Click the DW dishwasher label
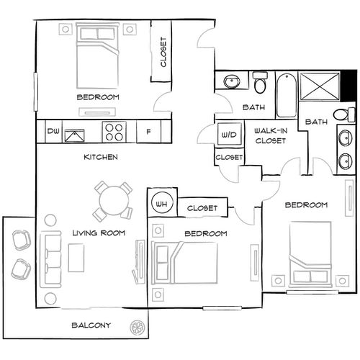(x=53, y=132)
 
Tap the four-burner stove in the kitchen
(x=114, y=132)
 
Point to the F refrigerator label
(x=148, y=132)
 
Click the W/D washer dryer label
(x=228, y=135)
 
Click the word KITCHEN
(x=101, y=156)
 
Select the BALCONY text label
(x=91, y=325)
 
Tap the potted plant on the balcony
(x=137, y=328)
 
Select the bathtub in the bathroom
(x=285, y=96)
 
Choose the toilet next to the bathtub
(x=260, y=85)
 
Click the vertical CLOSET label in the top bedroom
(x=163, y=52)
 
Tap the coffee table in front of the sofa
(x=77, y=257)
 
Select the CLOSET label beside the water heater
(x=202, y=208)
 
